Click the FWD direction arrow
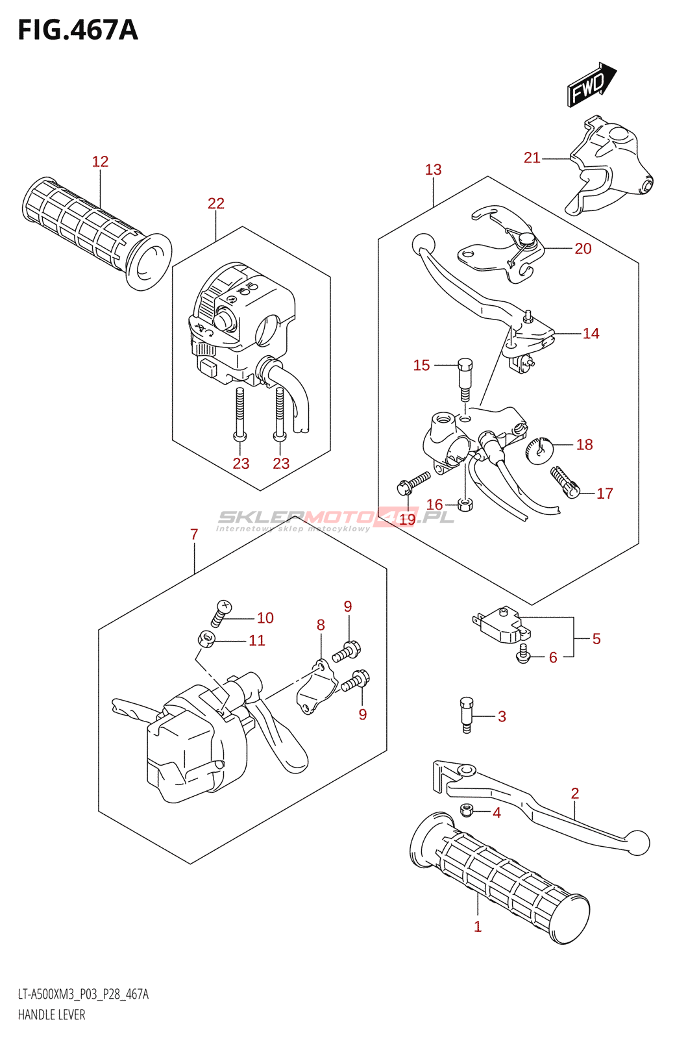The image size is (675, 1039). (591, 84)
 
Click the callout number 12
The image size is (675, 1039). (100, 162)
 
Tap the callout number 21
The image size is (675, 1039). (532, 158)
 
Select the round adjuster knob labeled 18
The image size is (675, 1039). (537, 449)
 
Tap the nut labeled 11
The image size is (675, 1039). (206, 640)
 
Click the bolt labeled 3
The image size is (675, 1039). (466, 714)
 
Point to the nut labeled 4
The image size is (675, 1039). (465, 810)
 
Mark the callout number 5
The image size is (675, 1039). (596, 639)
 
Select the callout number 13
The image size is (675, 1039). (433, 170)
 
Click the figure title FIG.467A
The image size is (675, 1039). (78, 31)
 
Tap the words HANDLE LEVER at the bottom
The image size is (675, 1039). (52, 1014)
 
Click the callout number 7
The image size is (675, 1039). (194, 534)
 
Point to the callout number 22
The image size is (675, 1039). (216, 204)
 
